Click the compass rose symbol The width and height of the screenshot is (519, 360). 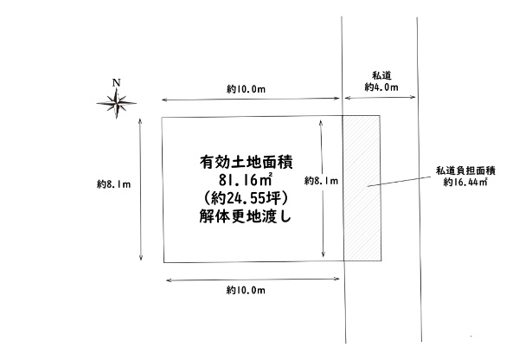tap(116, 103)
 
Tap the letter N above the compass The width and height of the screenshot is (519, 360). tap(116, 83)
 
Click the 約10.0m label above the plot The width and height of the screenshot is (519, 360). tap(246, 89)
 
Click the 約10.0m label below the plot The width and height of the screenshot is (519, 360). tap(246, 290)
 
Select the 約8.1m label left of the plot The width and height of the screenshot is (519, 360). tap(114, 184)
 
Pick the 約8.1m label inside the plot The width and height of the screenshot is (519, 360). tap(322, 181)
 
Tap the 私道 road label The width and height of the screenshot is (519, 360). tap(382, 75)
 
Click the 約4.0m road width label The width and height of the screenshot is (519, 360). tap(381, 87)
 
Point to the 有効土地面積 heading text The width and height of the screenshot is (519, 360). tap(247, 163)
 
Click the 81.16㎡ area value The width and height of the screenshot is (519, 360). tap(246, 180)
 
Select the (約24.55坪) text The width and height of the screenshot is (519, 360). tap(246, 198)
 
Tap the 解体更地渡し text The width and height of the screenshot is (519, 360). tap(246, 216)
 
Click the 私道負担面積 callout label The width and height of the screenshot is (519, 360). tap(465, 170)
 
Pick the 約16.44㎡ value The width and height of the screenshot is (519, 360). tap(465, 182)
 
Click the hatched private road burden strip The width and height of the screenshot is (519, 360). tap(362, 188)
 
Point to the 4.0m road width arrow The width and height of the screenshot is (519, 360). tap(380, 98)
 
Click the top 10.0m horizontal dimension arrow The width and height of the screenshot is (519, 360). tap(251, 99)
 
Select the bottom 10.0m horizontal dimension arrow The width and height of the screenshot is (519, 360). tap(253, 280)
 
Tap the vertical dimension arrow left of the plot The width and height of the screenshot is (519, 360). tap(141, 190)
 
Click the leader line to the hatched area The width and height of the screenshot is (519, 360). tap(399, 182)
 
